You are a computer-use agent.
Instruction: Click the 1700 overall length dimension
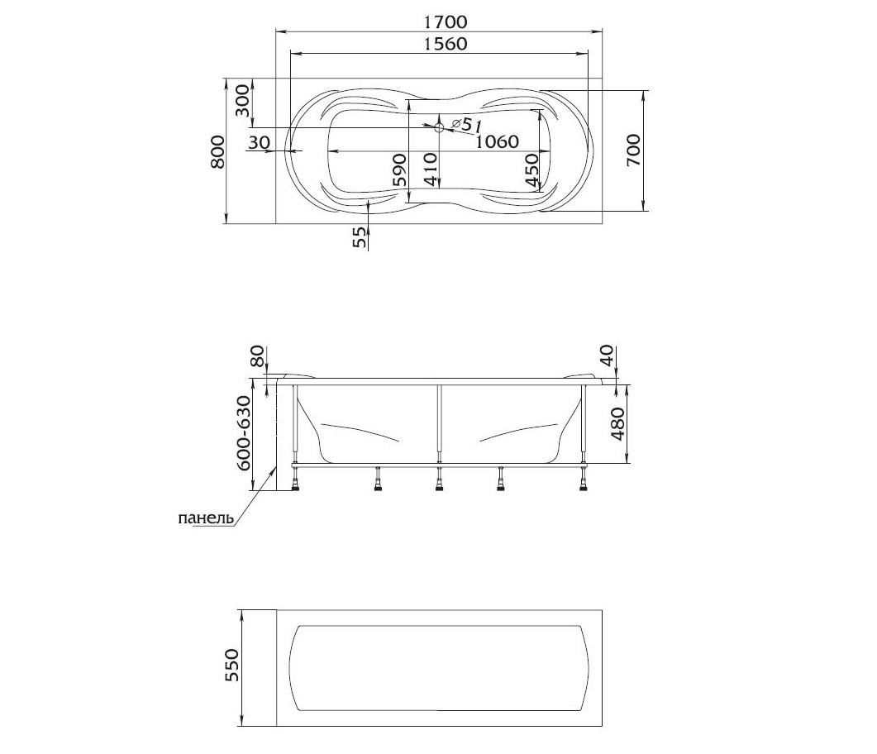pos(446,21)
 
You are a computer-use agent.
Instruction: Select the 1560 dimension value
pos(446,44)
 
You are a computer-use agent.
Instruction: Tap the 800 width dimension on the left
pos(217,151)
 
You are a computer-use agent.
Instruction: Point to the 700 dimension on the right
pos(633,150)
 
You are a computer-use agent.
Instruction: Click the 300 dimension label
pos(242,101)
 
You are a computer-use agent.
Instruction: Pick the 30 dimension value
pos(259,143)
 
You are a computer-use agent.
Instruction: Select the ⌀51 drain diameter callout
pos(465,125)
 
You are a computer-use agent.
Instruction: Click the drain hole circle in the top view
pos(439,127)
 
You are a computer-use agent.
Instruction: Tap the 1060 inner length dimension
pos(498,142)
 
